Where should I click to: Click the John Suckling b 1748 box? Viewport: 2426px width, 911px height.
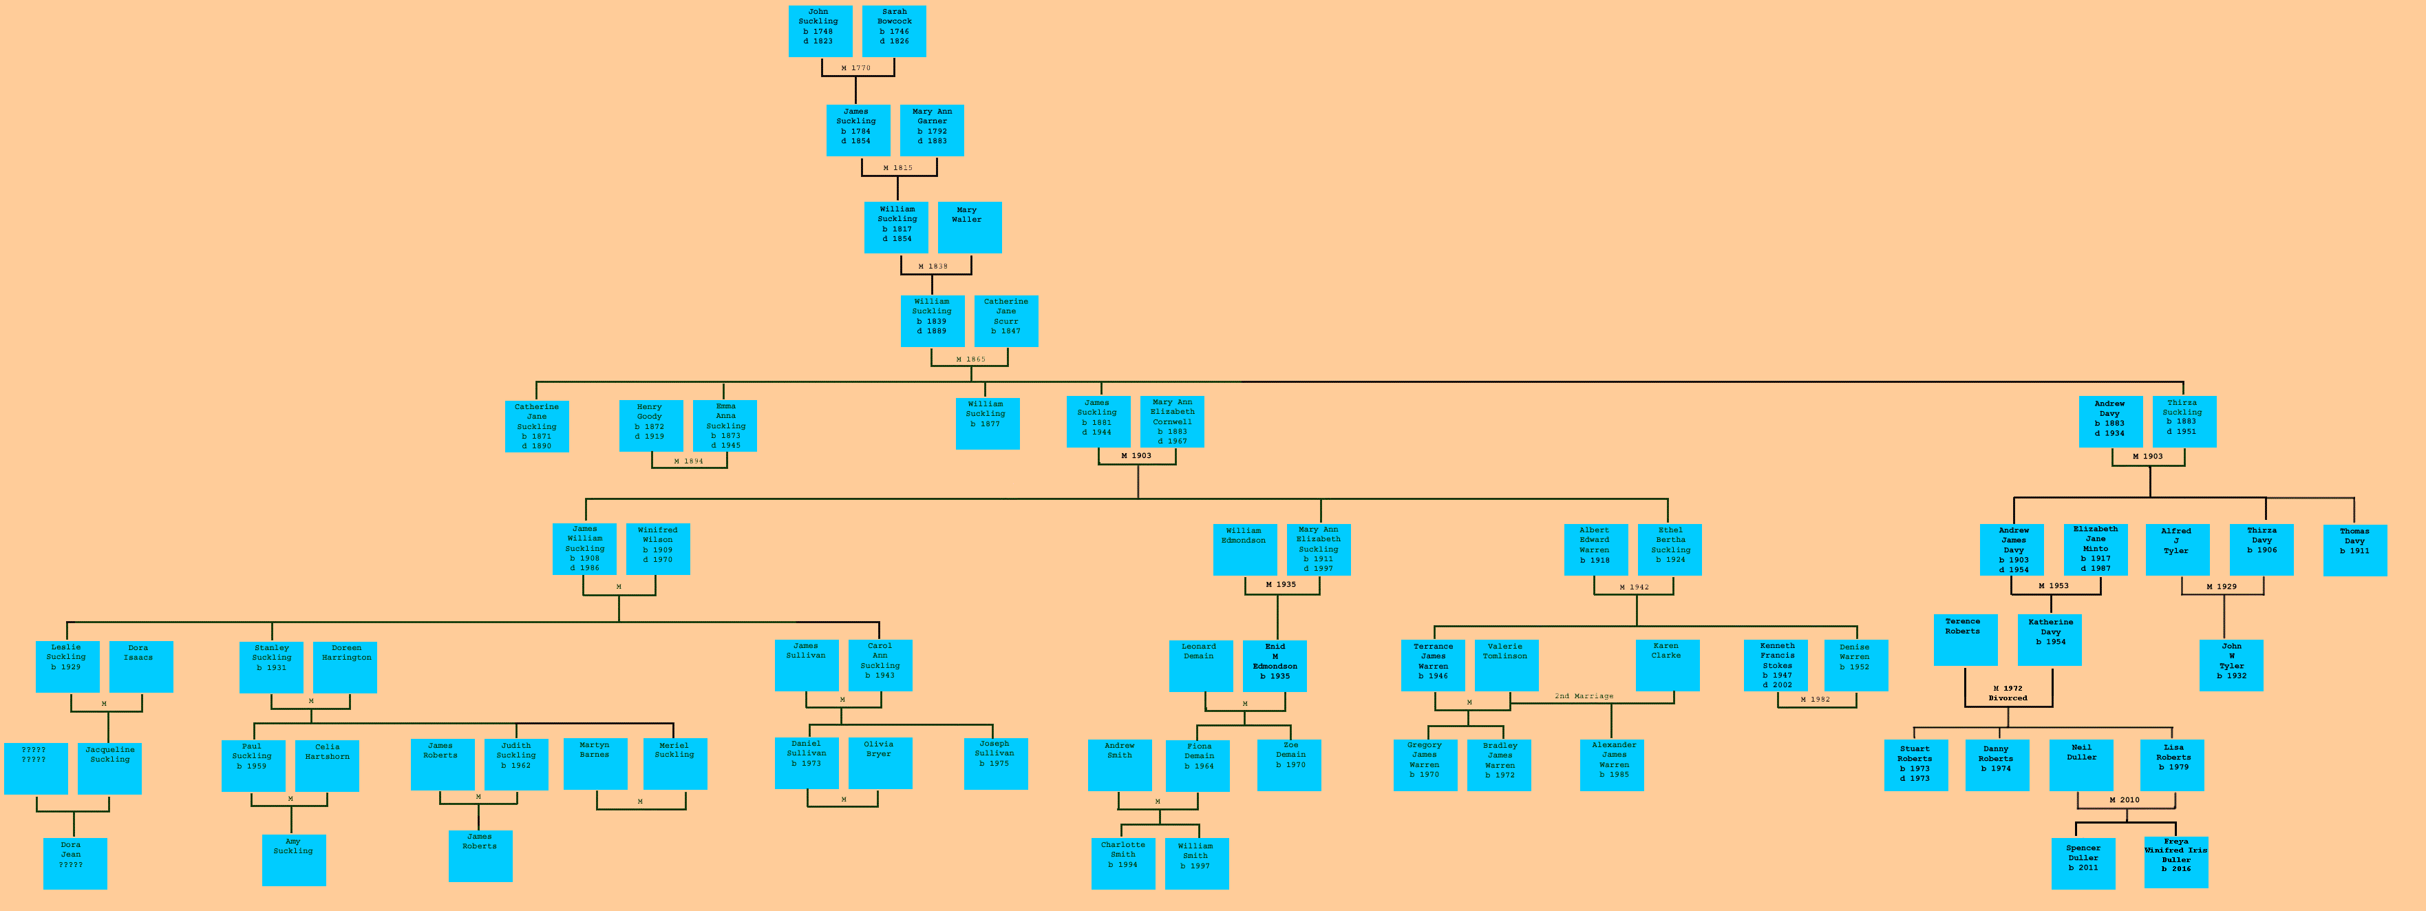coord(820,31)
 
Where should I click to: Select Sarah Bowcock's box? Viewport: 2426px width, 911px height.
coord(894,31)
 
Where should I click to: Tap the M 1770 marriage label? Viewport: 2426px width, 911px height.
coord(856,68)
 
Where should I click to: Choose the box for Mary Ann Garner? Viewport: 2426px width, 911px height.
coord(931,130)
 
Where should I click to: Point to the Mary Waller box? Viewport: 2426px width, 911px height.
coord(969,227)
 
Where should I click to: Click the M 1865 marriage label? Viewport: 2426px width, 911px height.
coord(970,359)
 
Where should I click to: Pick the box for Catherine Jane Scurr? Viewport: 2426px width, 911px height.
coord(1005,320)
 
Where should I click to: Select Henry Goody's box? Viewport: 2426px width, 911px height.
coord(651,426)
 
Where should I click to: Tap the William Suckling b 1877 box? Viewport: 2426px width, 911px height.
coord(987,423)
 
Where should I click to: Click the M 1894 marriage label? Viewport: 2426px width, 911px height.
coord(688,461)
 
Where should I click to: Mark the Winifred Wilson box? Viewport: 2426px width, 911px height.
coord(657,548)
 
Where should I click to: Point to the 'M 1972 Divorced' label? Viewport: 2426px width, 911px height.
coord(2007,693)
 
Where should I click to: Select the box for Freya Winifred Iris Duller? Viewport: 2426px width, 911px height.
coord(2175,860)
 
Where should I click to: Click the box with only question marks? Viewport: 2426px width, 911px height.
coord(35,768)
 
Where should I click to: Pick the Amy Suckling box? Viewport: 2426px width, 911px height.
coord(294,859)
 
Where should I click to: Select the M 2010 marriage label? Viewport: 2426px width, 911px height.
coord(2124,800)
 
